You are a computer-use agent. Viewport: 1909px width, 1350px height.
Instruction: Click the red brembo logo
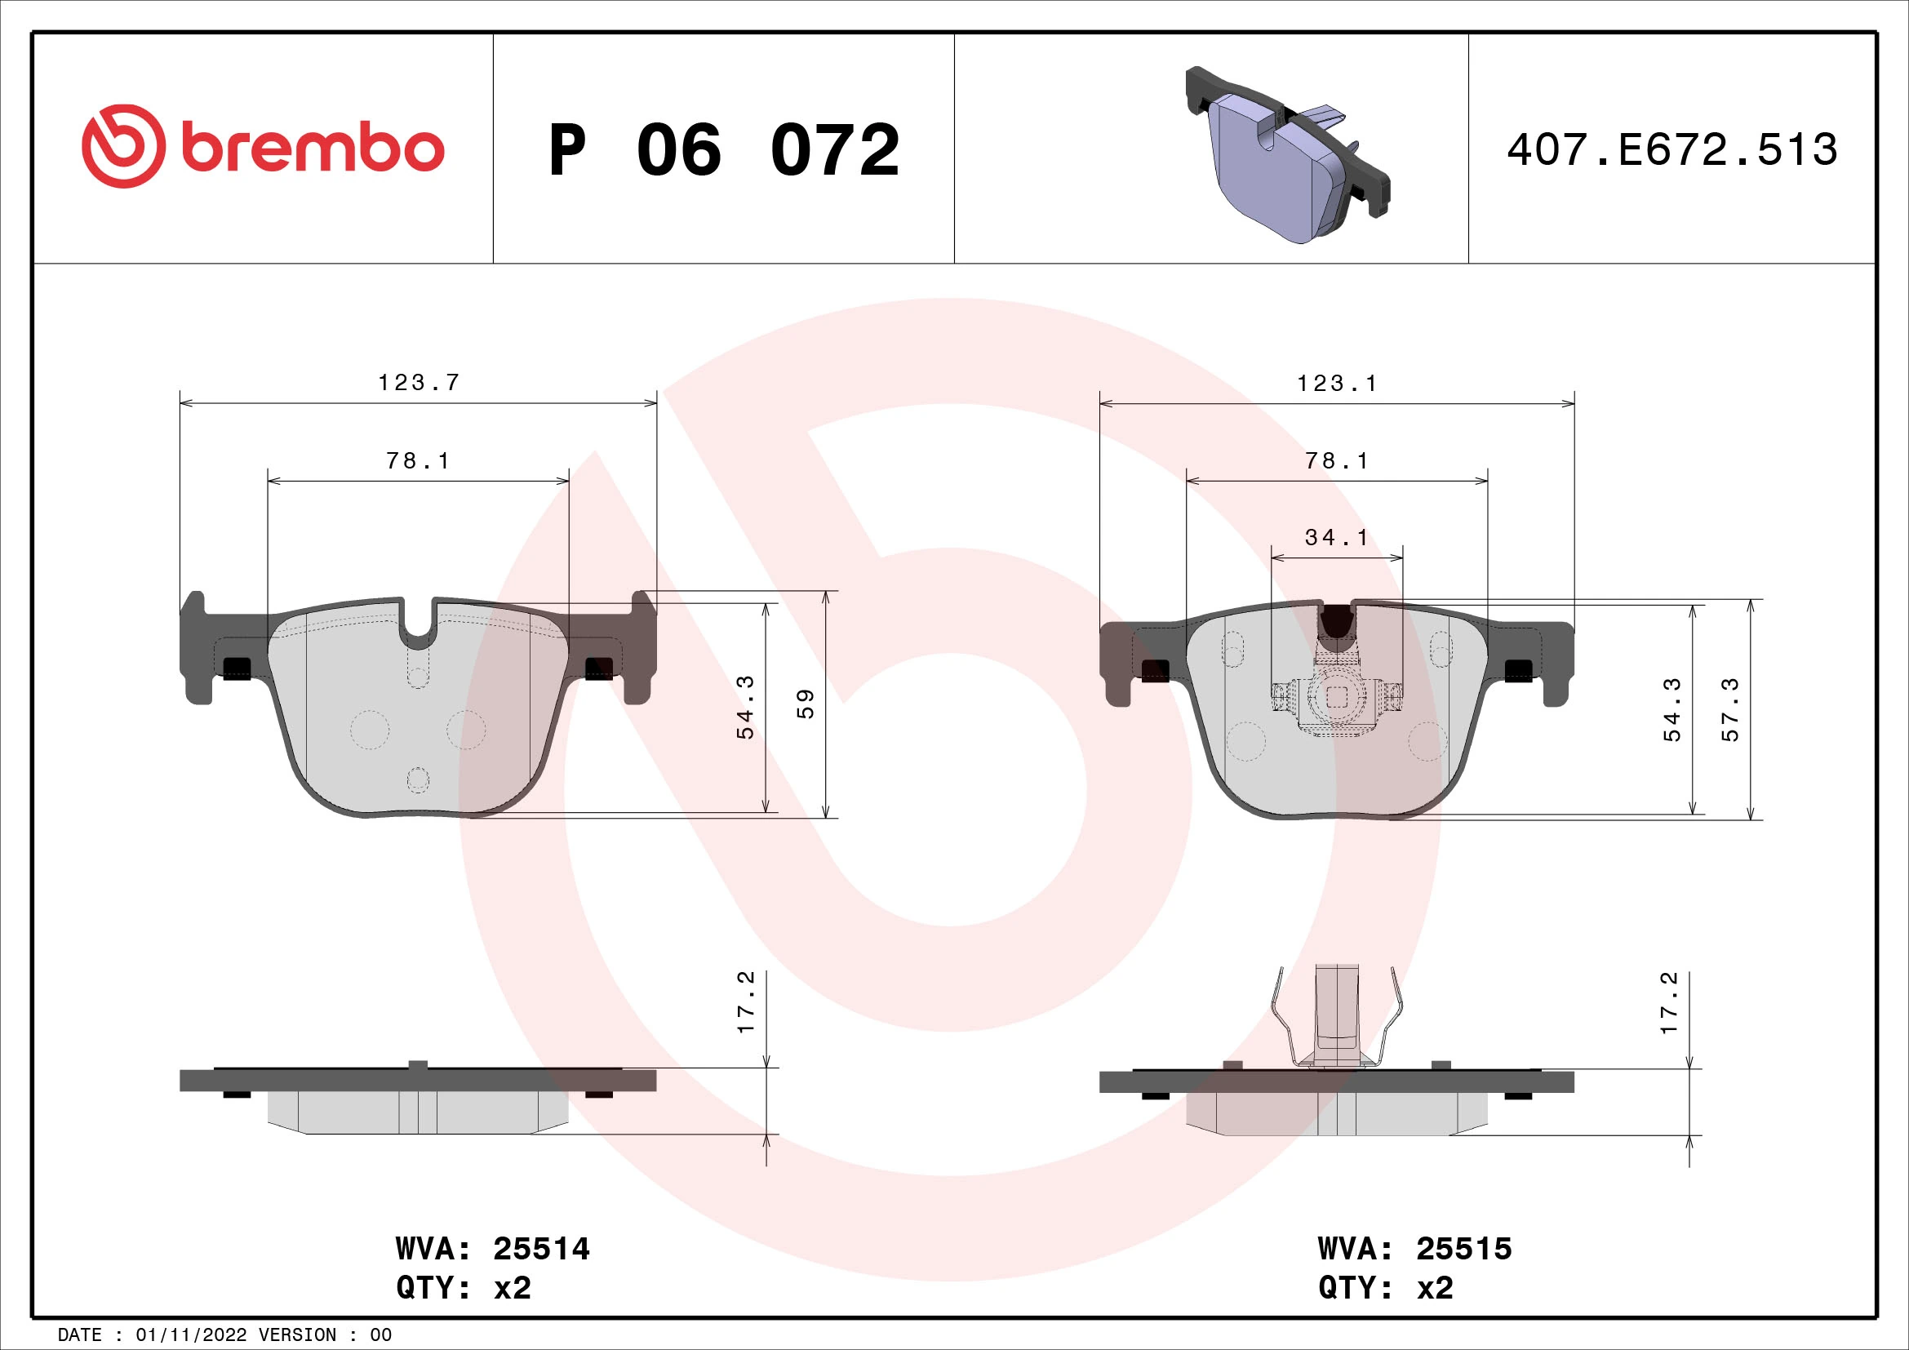click(263, 147)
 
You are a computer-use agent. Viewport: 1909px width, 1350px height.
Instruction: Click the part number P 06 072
click(723, 150)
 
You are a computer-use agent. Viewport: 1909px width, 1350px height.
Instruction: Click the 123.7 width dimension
click(418, 382)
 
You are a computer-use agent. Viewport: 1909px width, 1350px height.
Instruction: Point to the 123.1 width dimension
click(1337, 384)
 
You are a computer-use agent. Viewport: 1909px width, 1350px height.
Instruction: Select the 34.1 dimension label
click(1336, 538)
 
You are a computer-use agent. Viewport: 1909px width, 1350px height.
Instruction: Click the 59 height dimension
click(805, 704)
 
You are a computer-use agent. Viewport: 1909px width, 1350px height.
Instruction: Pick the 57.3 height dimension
click(1729, 709)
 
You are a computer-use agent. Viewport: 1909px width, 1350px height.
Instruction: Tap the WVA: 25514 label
click(492, 1249)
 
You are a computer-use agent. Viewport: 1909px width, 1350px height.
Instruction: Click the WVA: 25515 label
click(1414, 1249)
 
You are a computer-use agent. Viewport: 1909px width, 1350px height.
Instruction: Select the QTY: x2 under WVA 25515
click(1385, 1288)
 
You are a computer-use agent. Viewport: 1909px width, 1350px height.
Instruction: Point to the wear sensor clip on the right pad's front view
click(1336, 696)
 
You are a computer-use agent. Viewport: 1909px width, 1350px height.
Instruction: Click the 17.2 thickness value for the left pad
click(746, 1002)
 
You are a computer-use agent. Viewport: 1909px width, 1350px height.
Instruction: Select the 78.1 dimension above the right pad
click(1336, 460)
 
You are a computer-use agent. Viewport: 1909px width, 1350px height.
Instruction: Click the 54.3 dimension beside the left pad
click(746, 708)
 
